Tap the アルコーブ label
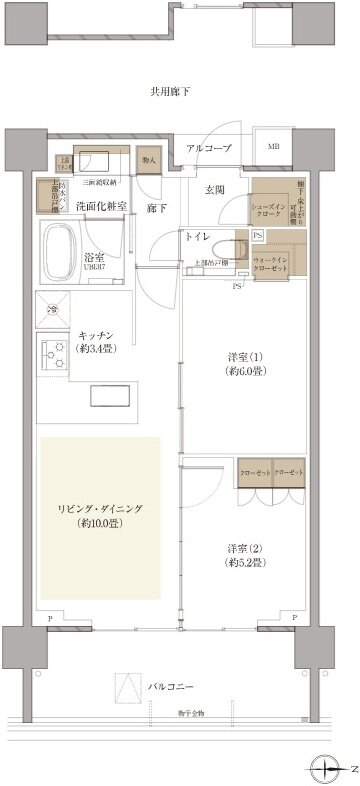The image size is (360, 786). [x=209, y=149]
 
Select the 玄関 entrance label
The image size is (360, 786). [x=215, y=189]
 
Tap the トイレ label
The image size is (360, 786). [x=196, y=237]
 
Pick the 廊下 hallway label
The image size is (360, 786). [x=157, y=208]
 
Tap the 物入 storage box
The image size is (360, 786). [x=148, y=160]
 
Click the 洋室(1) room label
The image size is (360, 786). [x=243, y=363]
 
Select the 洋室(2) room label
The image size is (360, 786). [x=244, y=556]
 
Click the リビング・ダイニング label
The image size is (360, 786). [x=100, y=516]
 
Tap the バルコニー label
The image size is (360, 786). [x=171, y=687]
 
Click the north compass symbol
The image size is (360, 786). [x=327, y=769]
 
